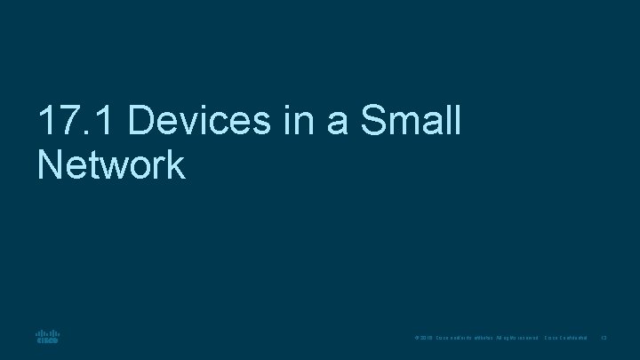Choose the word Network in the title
click(x=111, y=164)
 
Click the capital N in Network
click(x=51, y=164)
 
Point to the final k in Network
click(x=176, y=164)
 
